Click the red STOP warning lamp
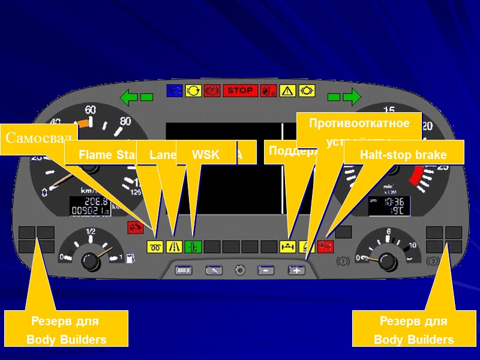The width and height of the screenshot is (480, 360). point(241,91)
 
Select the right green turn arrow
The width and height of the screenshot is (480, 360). point(352,96)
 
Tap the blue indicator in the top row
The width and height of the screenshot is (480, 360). point(175,91)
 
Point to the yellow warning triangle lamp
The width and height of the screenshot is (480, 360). point(287,91)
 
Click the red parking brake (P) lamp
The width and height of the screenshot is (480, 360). point(212,91)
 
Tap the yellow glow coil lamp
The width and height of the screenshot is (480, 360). point(155,247)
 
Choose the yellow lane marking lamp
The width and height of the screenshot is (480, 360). point(175,247)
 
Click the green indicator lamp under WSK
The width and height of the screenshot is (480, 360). point(193,247)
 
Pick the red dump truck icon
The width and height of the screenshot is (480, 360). point(136,227)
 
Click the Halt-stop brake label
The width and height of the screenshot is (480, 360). point(403,155)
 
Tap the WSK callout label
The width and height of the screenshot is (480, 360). point(206,155)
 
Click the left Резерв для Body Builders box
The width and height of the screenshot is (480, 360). point(66,329)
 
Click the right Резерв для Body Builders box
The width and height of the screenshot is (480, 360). point(413,329)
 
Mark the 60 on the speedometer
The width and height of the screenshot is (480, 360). point(91,110)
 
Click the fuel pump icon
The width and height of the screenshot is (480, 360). point(130,258)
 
